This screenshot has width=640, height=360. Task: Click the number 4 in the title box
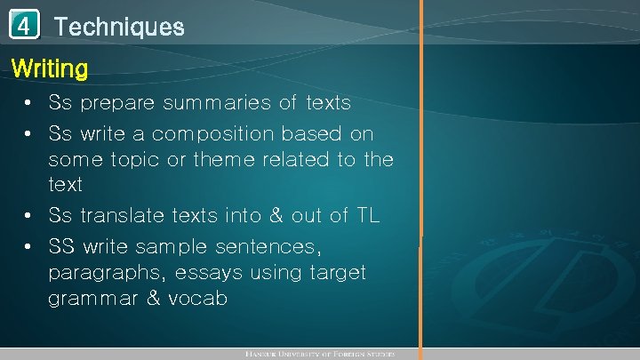[26, 26]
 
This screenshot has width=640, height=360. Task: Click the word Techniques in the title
[119, 27]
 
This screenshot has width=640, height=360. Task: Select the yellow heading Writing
[49, 68]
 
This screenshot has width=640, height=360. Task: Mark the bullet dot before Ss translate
[29, 216]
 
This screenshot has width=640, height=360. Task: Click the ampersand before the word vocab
[152, 299]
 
